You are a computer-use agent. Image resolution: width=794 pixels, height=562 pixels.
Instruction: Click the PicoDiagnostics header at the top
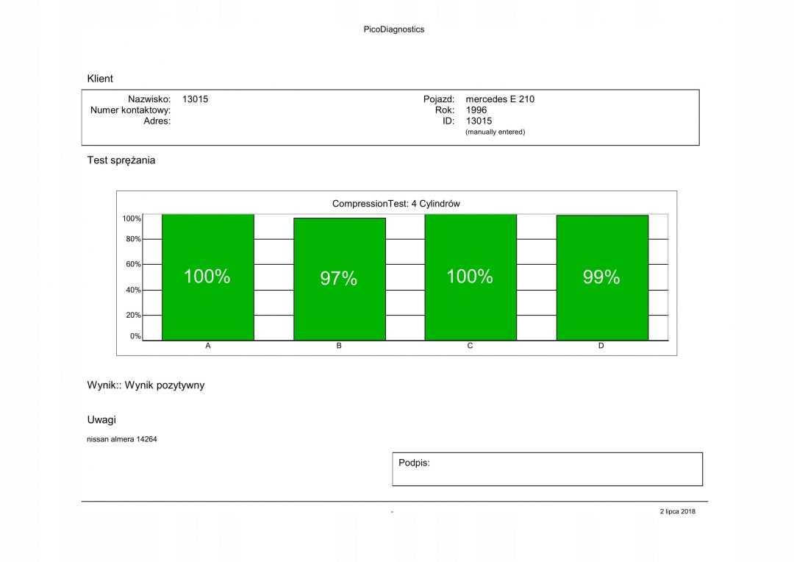[394, 29]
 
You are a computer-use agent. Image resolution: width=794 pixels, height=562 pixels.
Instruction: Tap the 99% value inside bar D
[601, 277]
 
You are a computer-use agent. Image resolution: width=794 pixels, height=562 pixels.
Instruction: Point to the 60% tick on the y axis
[132, 264]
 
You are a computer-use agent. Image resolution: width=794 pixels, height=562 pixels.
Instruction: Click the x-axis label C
[470, 346]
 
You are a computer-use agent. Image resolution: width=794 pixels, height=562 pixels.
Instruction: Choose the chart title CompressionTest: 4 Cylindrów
[396, 204]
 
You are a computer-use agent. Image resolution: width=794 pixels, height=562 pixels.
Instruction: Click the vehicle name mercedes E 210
[500, 99]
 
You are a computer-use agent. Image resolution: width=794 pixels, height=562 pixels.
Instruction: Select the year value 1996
[476, 110]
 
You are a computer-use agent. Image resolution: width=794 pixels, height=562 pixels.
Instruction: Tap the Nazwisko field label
[149, 99]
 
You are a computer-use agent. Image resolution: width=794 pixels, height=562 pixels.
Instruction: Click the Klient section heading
[100, 79]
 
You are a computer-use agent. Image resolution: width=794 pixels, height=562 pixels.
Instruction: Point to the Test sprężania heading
[121, 160]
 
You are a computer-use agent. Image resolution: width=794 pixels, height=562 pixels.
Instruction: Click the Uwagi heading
[101, 419]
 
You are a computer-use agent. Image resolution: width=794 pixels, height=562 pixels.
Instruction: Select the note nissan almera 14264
[122, 439]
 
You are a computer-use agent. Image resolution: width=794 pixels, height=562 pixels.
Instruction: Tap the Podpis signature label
[414, 463]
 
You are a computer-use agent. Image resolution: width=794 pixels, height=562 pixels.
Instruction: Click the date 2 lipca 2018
[677, 512]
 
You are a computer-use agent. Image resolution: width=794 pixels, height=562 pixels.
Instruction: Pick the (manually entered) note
[496, 132]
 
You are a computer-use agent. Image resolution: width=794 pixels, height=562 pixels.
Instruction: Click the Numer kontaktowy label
[130, 110]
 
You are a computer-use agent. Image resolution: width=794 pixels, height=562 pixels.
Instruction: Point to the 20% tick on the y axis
[132, 315]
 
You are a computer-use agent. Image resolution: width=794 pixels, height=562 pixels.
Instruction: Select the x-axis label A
[208, 346]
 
